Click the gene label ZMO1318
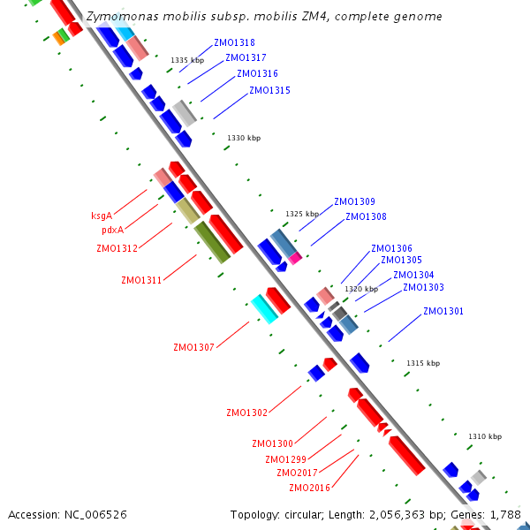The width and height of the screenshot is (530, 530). click(234, 42)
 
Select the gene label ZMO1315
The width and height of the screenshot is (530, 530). click(269, 90)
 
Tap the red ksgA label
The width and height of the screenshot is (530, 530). click(102, 216)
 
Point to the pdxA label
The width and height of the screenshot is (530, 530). click(112, 230)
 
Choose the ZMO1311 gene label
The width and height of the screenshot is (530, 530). click(141, 280)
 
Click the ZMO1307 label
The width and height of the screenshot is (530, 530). click(193, 347)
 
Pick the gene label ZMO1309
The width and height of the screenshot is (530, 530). click(354, 201)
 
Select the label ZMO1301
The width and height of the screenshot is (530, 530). click(443, 311)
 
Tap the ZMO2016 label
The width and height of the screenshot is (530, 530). click(309, 488)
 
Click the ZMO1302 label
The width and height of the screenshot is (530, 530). click(246, 413)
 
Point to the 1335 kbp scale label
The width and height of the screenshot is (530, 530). click(187, 60)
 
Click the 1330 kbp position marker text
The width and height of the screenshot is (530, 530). click(244, 138)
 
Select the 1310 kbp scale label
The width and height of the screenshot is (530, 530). click(485, 436)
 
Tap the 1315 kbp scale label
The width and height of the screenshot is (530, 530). click(423, 363)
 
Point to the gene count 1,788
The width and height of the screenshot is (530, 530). click(503, 514)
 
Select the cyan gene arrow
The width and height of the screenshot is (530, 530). click(264, 308)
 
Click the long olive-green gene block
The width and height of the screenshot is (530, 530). click(212, 242)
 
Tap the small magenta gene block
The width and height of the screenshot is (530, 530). click(295, 257)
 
